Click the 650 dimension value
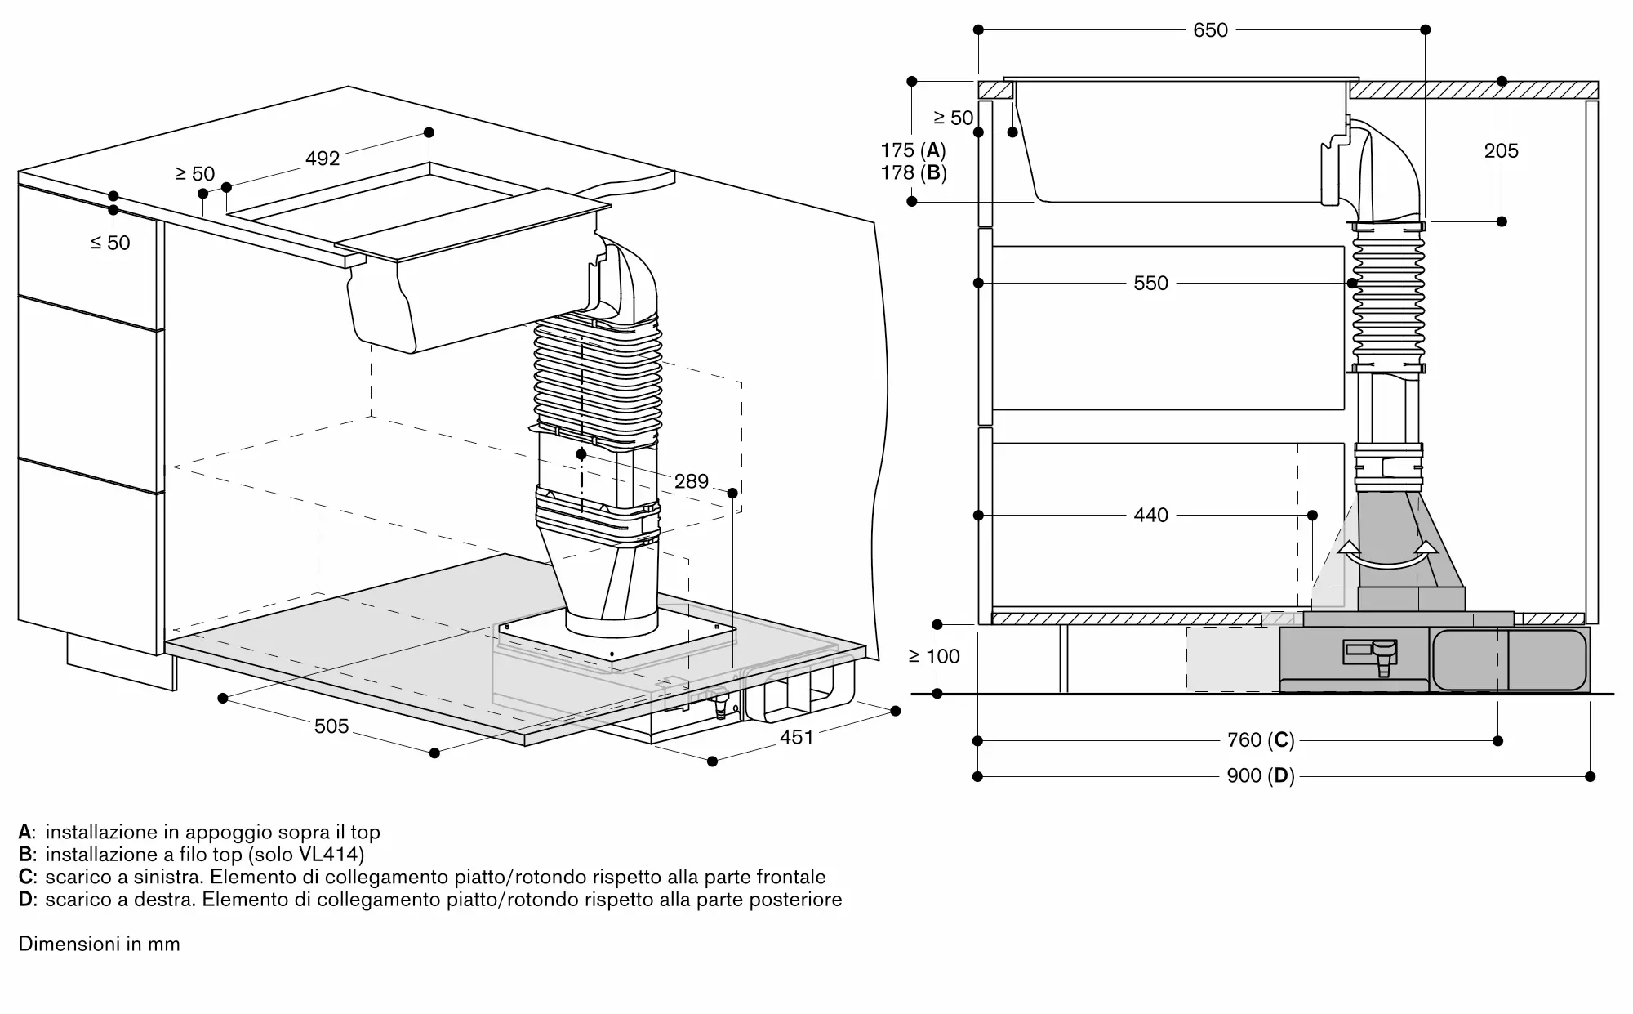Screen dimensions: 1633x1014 [x=1210, y=30]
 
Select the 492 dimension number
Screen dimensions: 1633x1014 [x=323, y=158]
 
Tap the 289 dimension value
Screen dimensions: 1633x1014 [x=692, y=481]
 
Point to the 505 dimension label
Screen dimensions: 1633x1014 [x=331, y=726]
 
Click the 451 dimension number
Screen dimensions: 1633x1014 [x=797, y=737]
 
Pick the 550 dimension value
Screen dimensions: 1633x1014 [x=1151, y=284]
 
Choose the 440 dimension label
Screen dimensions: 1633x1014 [x=1151, y=515]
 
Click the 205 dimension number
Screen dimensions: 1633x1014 [x=1502, y=150]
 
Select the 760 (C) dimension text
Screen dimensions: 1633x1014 [x=1261, y=740]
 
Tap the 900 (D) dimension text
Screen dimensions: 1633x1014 [x=1261, y=775]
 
